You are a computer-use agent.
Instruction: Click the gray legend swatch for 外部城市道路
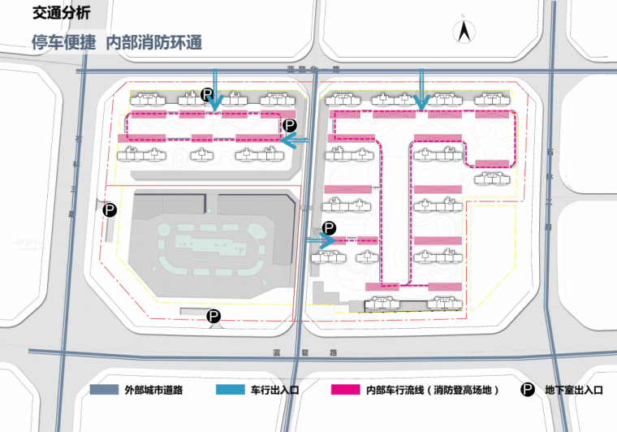coord(103,391)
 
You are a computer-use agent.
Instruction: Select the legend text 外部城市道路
coord(153,391)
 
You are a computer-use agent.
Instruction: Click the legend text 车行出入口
coord(275,391)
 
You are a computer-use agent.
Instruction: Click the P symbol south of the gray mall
coord(214,317)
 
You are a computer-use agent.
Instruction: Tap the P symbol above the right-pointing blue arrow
coord(329,228)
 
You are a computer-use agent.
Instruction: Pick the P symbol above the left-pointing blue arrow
coord(291,125)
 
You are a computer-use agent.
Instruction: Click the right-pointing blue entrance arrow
coord(321,240)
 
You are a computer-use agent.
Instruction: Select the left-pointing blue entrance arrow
coord(296,140)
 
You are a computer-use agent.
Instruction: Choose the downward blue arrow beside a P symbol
coord(215,91)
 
